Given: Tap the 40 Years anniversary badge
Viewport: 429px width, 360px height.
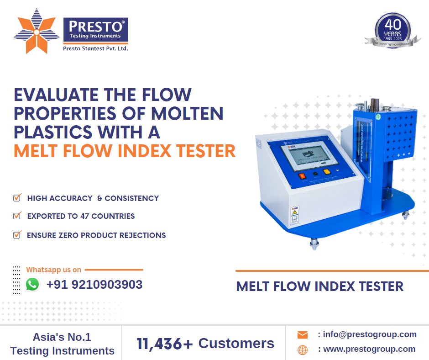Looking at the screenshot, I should pyautogui.click(x=393, y=31).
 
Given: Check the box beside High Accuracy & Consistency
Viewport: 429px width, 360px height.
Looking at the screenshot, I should pyautogui.click(x=17, y=198).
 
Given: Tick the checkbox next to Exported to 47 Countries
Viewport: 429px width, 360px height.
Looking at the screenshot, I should pyautogui.click(x=17, y=216).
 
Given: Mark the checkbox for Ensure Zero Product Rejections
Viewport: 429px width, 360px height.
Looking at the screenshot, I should pyautogui.click(x=17, y=235).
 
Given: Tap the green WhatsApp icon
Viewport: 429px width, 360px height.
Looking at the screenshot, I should pyautogui.click(x=32, y=285).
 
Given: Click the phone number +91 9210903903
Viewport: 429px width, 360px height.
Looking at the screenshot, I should pyautogui.click(x=94, y=285).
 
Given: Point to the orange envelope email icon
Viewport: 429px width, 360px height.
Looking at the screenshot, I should pyautogui.click(x=302, y=335).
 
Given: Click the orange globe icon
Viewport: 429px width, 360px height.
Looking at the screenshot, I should pyautogui.click(x=302, y=350).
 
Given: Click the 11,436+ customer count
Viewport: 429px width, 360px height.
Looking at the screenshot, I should pyautogui.click(x=165, y=344).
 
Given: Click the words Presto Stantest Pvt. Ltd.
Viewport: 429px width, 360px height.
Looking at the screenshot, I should pyautogui.click(x=95, y=48).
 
